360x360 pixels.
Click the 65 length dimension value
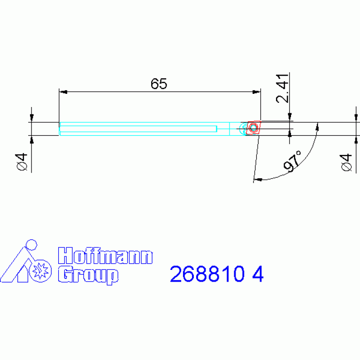[x=159, y=84]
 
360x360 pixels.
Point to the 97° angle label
[x=293, y=161]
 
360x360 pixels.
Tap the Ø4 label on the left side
[x=22, y=162]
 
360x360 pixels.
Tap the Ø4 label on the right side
[x=346, y=162]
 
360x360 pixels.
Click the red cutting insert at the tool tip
[x=253, y=128]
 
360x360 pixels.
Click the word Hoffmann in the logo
[x=105, y=257]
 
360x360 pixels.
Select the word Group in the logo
[x=88, y=275]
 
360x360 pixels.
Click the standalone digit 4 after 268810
[x=258, y=274]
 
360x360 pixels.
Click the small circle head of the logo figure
[x=31, y=245]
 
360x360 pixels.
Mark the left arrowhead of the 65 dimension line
[x=63, y=92]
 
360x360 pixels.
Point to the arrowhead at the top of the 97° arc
[x=318, y=126]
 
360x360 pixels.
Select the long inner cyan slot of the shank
[x=138, y=129]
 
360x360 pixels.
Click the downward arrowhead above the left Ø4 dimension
[x=31, y=118]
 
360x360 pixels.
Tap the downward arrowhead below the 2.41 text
[x=290, y=118]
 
